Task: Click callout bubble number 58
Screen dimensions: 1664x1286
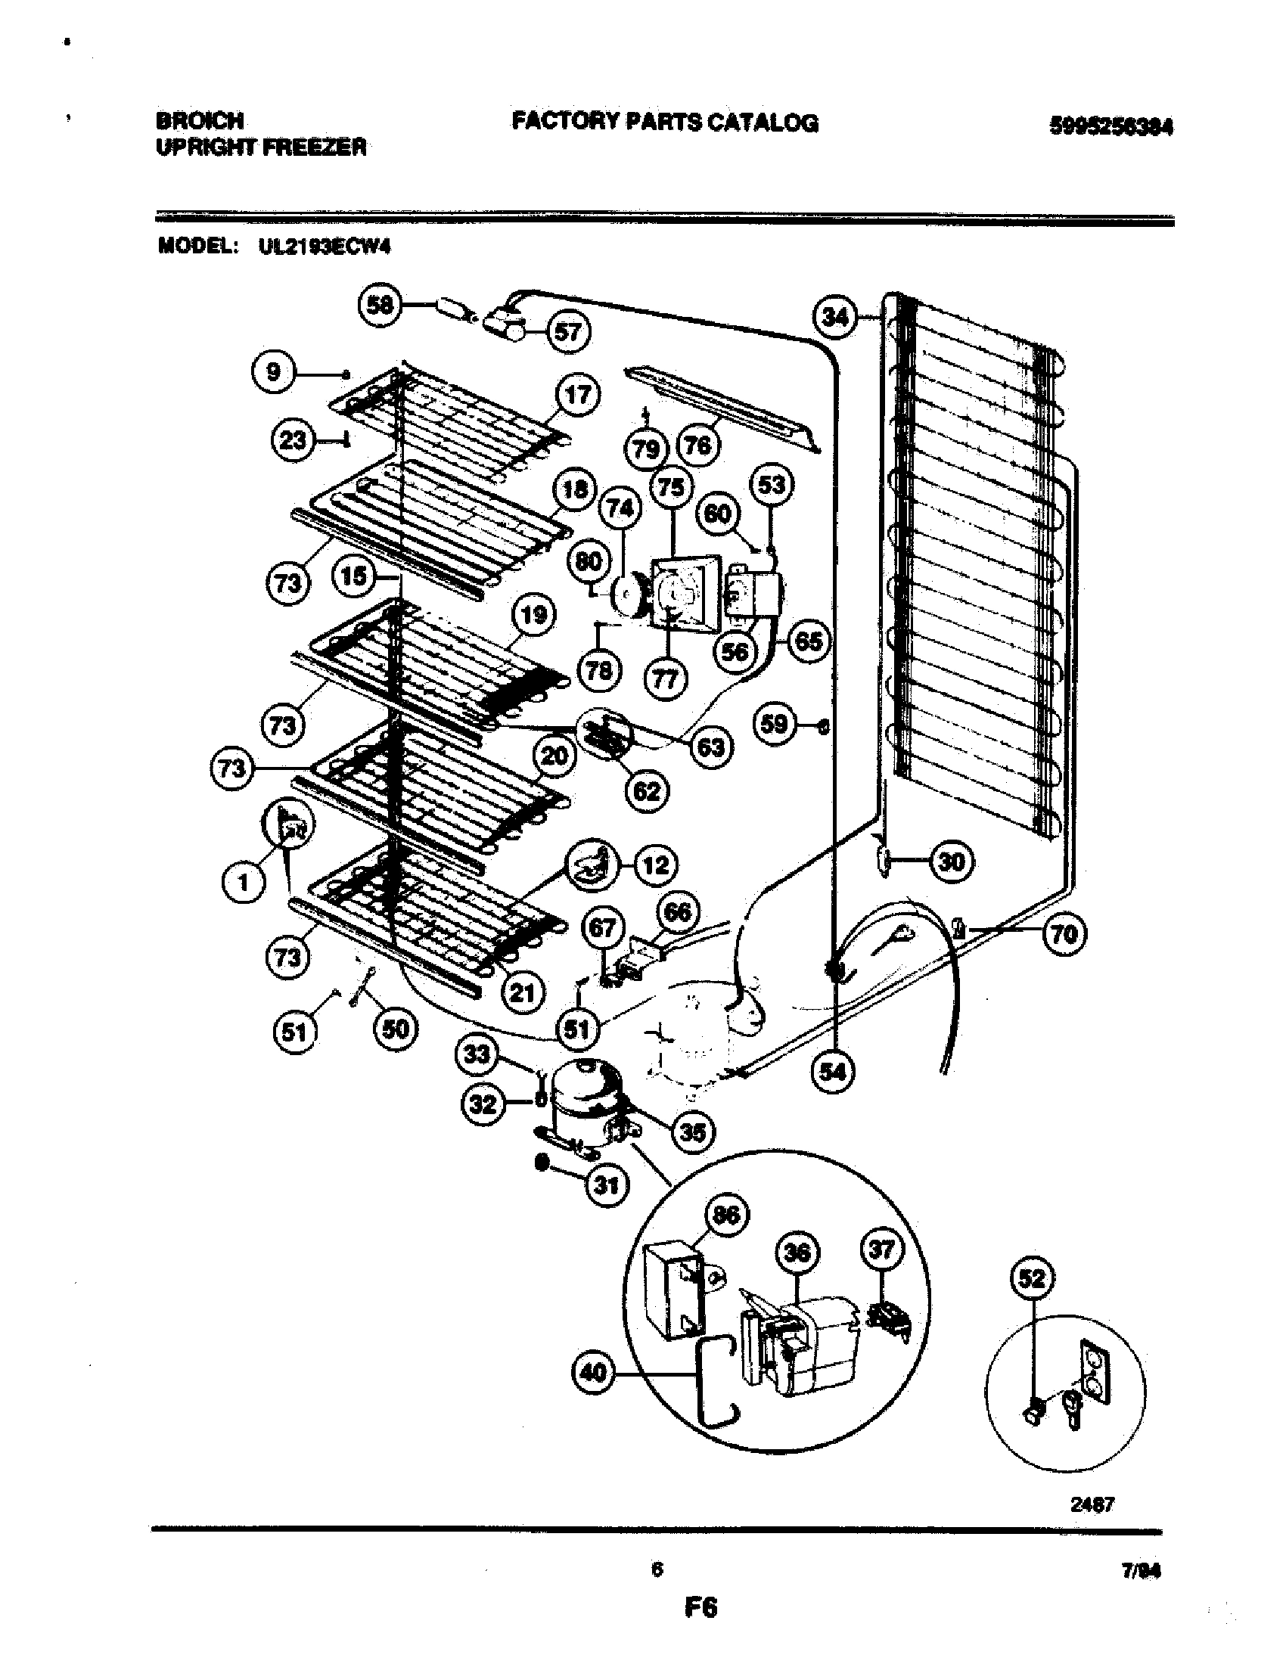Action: coord(380,306)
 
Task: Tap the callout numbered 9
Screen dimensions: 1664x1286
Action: coord(273,372)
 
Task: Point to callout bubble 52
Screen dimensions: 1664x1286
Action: coord(1033,1278)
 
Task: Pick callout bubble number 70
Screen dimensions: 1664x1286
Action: coord(1064,933)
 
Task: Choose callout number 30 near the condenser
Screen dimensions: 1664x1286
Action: coord(952,862)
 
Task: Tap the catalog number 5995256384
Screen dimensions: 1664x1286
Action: coord(1110,127)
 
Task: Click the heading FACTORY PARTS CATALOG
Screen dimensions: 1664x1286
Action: coord(664,122)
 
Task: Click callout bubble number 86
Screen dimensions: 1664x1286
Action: coord(726,1215)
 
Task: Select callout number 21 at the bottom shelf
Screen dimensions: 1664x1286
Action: coord(523,993)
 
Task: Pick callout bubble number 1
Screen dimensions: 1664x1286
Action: coord(243,882)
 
